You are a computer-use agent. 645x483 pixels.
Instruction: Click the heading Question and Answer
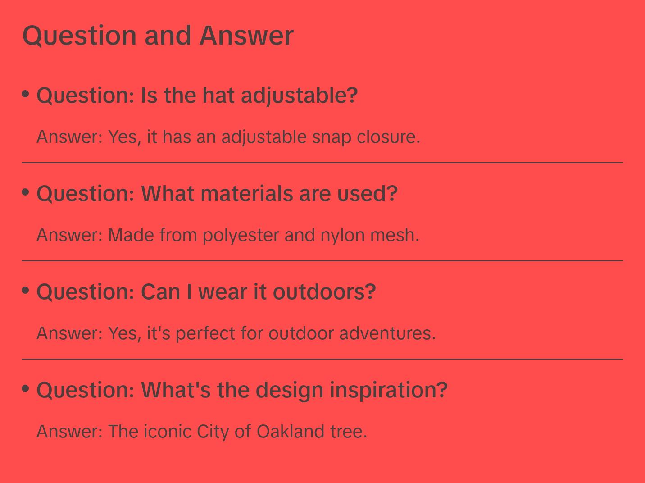coord(158,36)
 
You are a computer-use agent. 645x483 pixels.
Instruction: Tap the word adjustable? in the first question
coord(300,96)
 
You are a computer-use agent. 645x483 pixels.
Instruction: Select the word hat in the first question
coord(218,96)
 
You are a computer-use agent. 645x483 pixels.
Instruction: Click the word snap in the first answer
coord(332,137)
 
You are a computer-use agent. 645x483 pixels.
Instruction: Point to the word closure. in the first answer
coord(388,137)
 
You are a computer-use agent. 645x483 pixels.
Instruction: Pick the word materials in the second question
coord(247,194)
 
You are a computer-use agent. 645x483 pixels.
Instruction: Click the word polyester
coord(241,236)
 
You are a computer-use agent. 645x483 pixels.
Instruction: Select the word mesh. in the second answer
coord(395,235)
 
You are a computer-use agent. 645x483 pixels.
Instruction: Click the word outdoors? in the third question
coord(324,292)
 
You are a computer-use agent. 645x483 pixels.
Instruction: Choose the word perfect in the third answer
coord(205,334)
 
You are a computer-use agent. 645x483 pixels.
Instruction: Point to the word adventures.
coord(388,333)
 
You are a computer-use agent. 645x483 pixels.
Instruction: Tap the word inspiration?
coord(389,391)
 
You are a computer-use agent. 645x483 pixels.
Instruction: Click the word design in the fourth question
coord(290,391)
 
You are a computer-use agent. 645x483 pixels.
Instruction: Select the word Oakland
coord(291,431)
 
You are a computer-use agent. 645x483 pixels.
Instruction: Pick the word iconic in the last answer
coord(168,431)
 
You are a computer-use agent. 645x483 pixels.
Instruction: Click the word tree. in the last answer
coord(349,431)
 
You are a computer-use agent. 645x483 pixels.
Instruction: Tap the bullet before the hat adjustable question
coord(26,94)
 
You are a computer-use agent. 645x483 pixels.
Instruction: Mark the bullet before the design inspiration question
coord(26,388)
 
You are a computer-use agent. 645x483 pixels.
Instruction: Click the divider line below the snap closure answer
coord(322,163)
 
